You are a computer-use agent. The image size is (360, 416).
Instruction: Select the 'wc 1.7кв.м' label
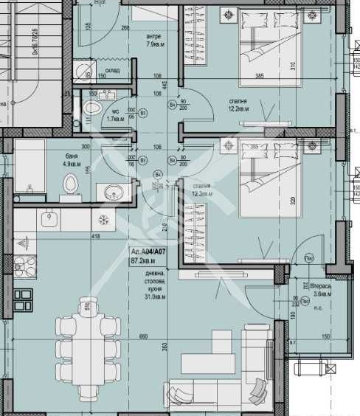pyautogui.click(x=114, y=115)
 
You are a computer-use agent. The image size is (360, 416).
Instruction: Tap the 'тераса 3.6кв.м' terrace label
pyautogui.click(x=321, y=288)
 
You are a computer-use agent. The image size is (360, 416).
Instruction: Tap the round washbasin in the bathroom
pyautogui.click(x=113, y=193)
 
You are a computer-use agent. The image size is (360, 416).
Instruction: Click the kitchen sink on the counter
pyautogui.click(x=49, y=219)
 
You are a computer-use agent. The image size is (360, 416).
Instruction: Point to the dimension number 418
pyautogui.click(x=94, y=237)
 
